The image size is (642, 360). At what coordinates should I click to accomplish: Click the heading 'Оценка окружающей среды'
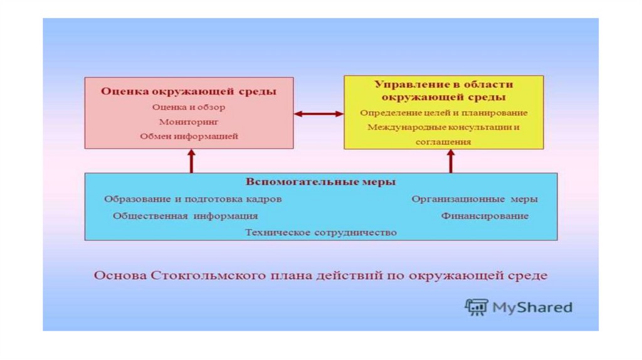click(189, 92)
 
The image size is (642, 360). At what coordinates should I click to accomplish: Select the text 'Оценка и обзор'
click(189, 107)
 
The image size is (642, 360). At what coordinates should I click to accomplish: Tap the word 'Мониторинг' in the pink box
click(189, 122)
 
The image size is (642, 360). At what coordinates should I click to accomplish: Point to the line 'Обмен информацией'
click(189, 136)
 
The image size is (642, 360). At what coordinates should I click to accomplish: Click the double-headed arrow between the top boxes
click(318, 114)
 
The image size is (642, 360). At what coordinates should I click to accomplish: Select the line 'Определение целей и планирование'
click(444, 113)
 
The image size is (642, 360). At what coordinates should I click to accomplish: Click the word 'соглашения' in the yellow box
click(443, 142)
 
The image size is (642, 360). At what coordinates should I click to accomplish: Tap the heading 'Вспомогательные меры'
click(320, 183)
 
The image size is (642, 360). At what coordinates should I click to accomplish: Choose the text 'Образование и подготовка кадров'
click(192, 199)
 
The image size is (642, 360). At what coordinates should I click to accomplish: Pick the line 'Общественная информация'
click(186, 216)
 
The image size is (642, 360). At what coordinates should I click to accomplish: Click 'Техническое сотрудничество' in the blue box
click(320, 232)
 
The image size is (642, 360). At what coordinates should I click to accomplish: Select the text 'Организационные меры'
click(475, 199)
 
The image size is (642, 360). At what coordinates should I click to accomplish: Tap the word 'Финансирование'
click(485, 216)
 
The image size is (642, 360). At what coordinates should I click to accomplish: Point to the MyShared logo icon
click(476, 307)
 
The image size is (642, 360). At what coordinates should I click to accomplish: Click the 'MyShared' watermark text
click(532, 307)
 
